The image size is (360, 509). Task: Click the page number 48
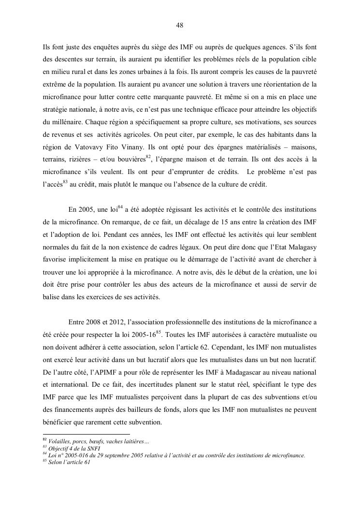180,26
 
